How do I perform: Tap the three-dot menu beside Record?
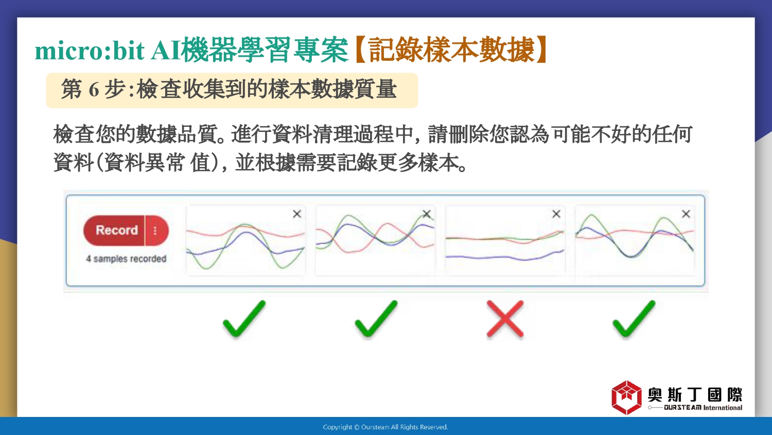[155, 230]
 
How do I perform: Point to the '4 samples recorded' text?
[126, 259]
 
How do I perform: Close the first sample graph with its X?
[297, 214]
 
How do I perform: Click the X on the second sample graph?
[427, 214]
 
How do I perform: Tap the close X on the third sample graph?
[556, 214]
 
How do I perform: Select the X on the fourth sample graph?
[686, 214]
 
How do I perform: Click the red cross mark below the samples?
[505, 319]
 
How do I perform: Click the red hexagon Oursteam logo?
[626, 397]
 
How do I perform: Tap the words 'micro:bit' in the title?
[90, 51]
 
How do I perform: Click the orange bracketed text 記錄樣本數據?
[451, 50]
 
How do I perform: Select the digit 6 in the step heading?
[94, 89]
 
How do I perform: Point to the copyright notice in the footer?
[385, 427]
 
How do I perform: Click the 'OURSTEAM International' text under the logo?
[703, 408]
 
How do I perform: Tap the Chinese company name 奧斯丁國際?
[695, 395]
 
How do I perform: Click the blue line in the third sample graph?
[504, 256]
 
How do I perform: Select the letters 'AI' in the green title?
[166, 51]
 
